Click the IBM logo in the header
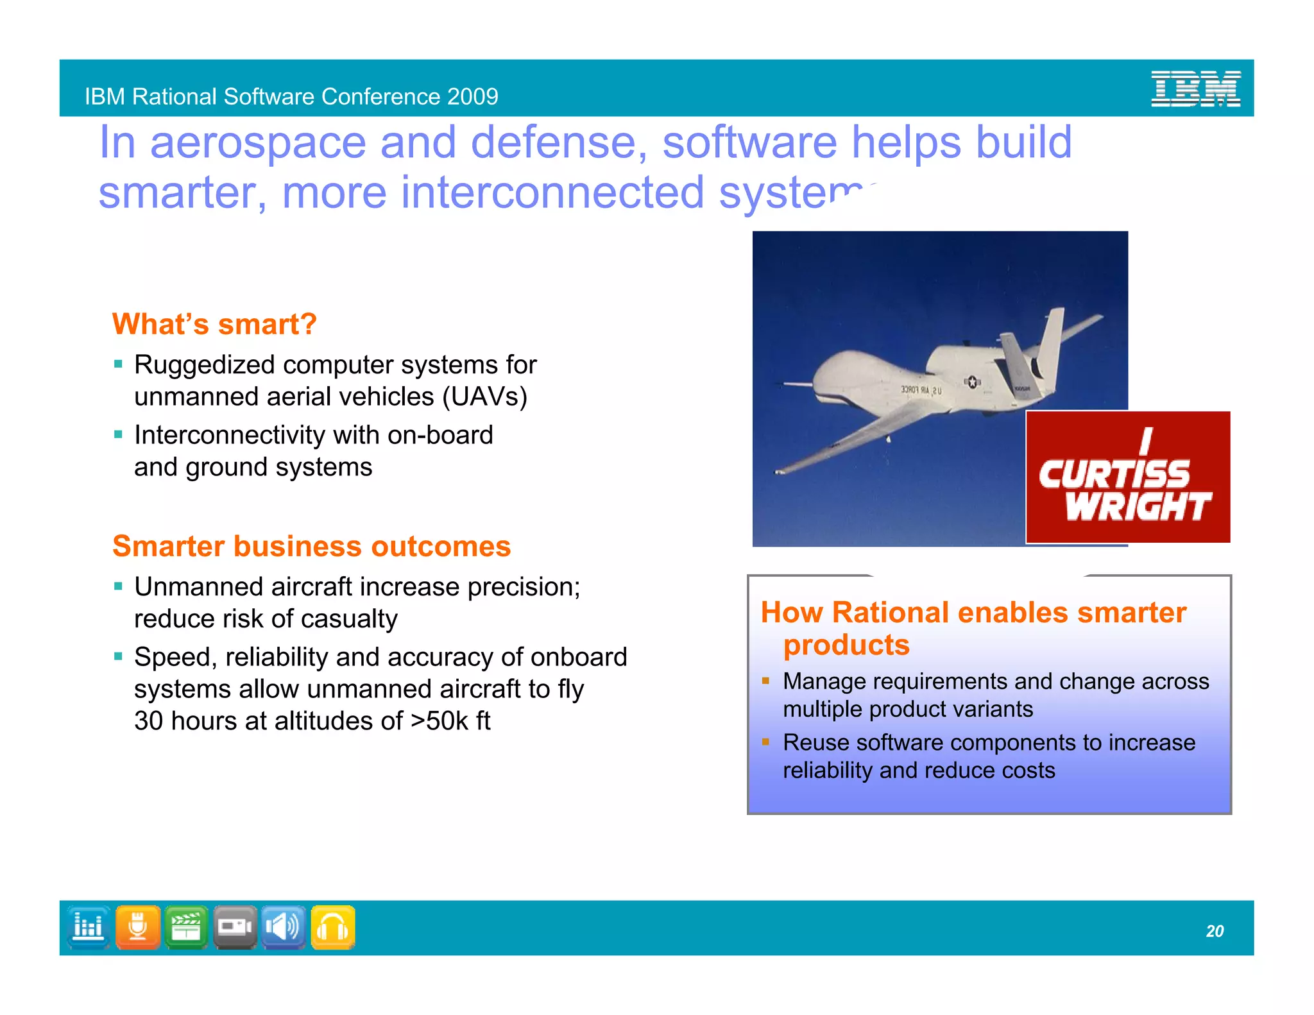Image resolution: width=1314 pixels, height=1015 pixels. pos(1195,89)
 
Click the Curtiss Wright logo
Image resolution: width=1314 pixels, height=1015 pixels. pos(1127,477)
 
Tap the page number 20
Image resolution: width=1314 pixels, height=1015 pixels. pos(1215,931)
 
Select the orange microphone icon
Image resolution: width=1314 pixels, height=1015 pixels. pos(138,927)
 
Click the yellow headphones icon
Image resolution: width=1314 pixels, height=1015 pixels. pos(333,927)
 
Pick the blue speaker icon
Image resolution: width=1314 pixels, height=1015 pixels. pos(284,927)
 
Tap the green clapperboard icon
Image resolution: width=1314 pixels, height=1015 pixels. pos(186,927)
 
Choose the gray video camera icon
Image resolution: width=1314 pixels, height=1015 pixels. pos(235,927)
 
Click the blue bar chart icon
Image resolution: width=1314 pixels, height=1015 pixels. pos(89,927)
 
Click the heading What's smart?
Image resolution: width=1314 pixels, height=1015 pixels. pos(214,324)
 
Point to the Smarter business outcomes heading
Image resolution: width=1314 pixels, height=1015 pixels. pos(311,546)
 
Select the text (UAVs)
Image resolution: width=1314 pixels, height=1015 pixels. pos(484,397)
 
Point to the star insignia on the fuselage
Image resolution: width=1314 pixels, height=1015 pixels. pos(971,382)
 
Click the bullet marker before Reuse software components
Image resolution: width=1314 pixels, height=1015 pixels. pos(765,742)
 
